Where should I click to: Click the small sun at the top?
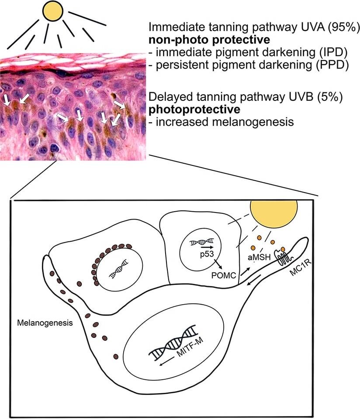pos(53,10)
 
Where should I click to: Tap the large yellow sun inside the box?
pos(273,213)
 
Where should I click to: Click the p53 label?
pos(207,254)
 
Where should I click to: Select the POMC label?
pos(224,275)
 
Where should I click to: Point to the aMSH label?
pos(259,258)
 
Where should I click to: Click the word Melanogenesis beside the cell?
pos(45,323)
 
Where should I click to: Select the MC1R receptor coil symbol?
pos(284,258)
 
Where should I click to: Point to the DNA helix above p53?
pos(202,242)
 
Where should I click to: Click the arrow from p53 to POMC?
pos(218,264)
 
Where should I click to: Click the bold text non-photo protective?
pos(209,40)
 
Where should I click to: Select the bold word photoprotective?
pos(194,109)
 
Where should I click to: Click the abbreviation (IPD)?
pos(333,52)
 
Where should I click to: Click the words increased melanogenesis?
pos(225,122)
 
